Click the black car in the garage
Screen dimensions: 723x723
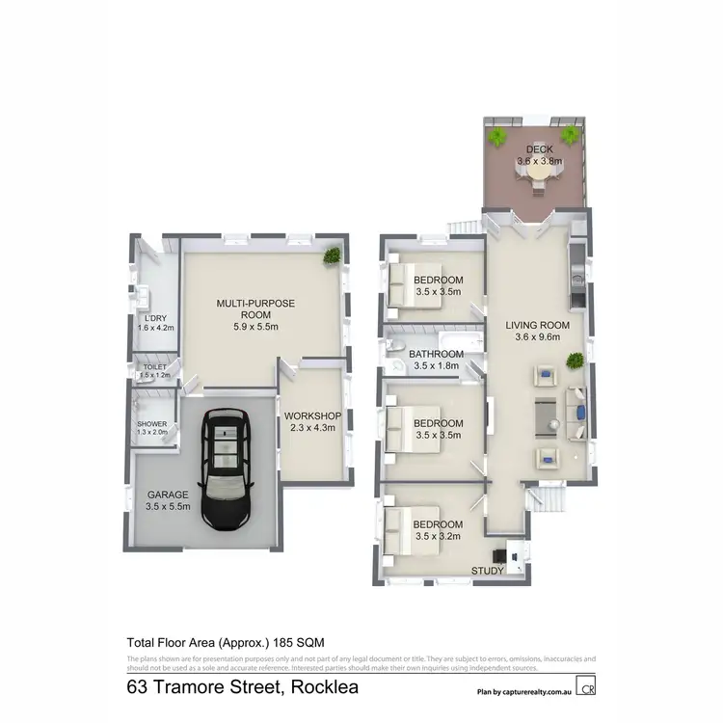point(225,469)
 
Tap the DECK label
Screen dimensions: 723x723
point(534,149)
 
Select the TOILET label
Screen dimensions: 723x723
point(155,367)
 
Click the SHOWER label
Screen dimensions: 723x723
point(152,423)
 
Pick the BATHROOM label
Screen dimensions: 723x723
point(438,354)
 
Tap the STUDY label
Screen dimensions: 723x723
point(486,571)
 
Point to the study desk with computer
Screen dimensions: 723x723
point(510,554)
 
